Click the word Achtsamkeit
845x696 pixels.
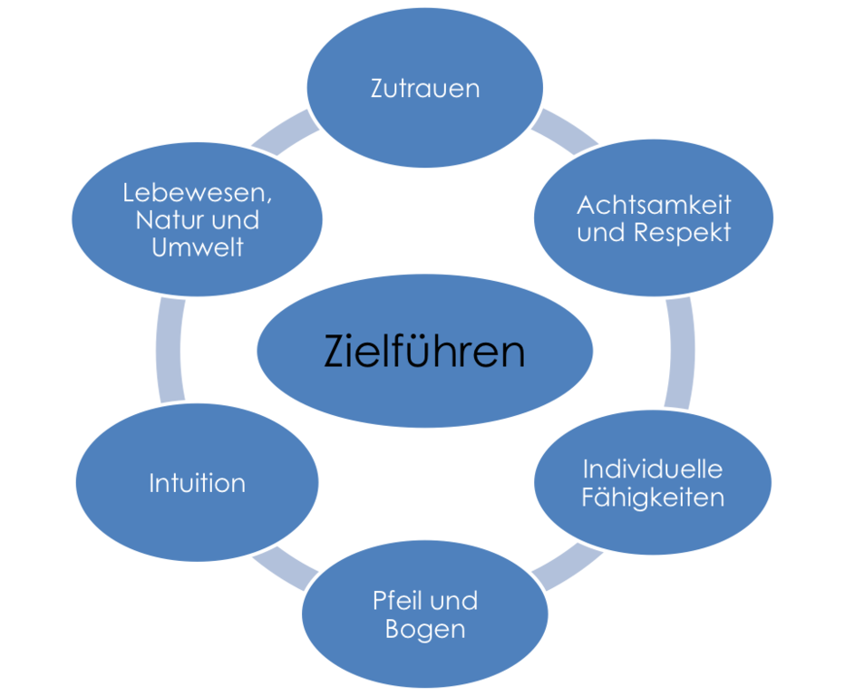[654, 205]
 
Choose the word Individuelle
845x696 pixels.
[652, 469]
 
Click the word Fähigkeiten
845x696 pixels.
[653, 498]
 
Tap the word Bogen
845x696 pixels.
[424, 629]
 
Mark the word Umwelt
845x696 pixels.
[198, 247]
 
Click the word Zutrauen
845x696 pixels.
[424, 89]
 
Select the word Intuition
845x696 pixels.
[197, 483]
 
